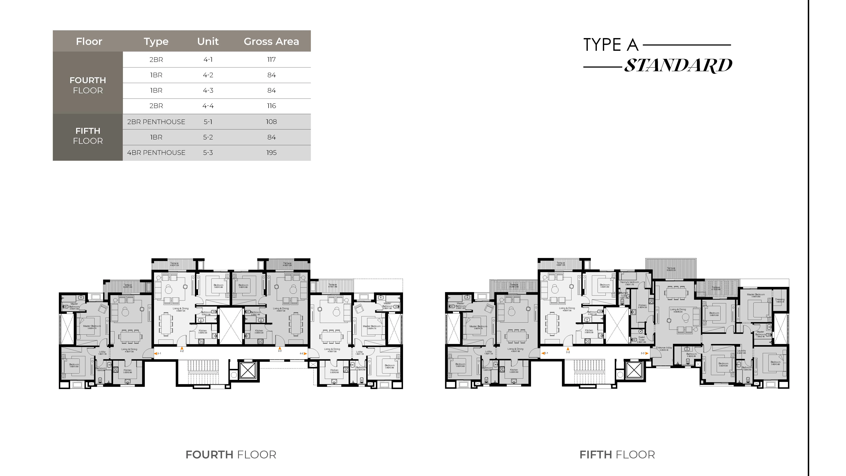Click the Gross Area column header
(271, 41)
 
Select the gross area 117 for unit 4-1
(271, 60)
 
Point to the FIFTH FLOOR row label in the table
(88, 136)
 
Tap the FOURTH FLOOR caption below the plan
(231, 455)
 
